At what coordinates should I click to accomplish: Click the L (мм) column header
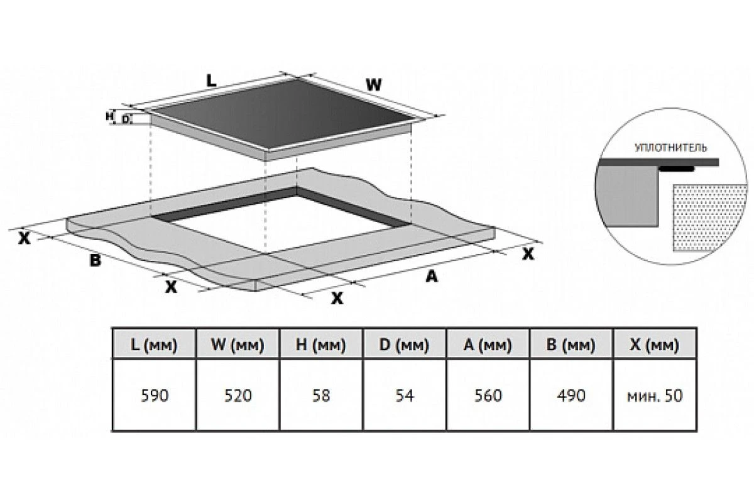(154, 345)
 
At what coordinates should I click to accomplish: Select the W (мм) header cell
(238, 345)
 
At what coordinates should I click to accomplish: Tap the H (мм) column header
(321, 345)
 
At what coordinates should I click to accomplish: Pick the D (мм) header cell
(404, 345)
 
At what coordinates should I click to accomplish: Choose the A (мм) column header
(488, 345)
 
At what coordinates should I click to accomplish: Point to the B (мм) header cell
(571, 345)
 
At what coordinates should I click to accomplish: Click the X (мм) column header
(655, 345)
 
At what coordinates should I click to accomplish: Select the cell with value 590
(155, 395)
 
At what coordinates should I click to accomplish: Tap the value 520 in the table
(238, 395)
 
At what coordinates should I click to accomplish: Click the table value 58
(321, 395)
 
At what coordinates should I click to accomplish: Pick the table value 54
(404, 395)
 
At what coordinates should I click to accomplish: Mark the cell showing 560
(488, 395)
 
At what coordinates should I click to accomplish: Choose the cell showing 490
(571, 395)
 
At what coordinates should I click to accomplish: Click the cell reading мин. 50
(655, 395)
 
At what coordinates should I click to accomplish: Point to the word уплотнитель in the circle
(670, 148)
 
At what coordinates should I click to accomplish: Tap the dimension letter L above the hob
(211, 81)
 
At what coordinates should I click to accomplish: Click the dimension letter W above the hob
(374, 85)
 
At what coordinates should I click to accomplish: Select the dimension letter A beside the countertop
(432, 276)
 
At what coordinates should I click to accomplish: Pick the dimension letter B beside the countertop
(96, 260)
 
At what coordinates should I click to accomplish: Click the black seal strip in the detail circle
(677, 169)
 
